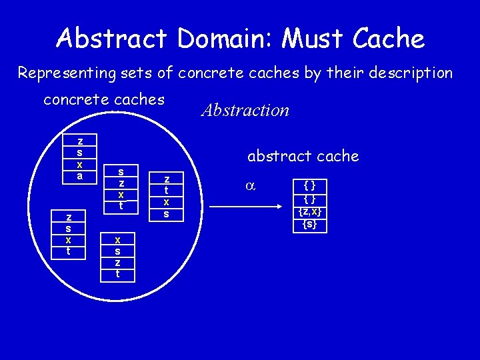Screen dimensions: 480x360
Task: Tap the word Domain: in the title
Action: (x=223, y=39)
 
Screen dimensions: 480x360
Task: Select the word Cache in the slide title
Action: (x=389, y=39)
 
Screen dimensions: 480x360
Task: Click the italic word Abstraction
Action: (x=245, y=110)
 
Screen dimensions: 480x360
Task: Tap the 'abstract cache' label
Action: (x=303, y=156)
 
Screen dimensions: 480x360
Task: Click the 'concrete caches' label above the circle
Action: (x=103, y=100)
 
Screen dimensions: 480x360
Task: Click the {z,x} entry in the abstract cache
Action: (x=310, y=211)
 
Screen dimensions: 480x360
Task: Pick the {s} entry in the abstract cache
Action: (x=310, y=225)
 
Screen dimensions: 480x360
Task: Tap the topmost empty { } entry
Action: (x=310, y=185)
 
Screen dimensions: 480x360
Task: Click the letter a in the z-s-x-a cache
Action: (x=80, y=177)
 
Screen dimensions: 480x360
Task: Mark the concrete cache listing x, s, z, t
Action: (x=118, y=256)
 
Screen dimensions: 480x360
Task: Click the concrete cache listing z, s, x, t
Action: (x=69, y=234)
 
